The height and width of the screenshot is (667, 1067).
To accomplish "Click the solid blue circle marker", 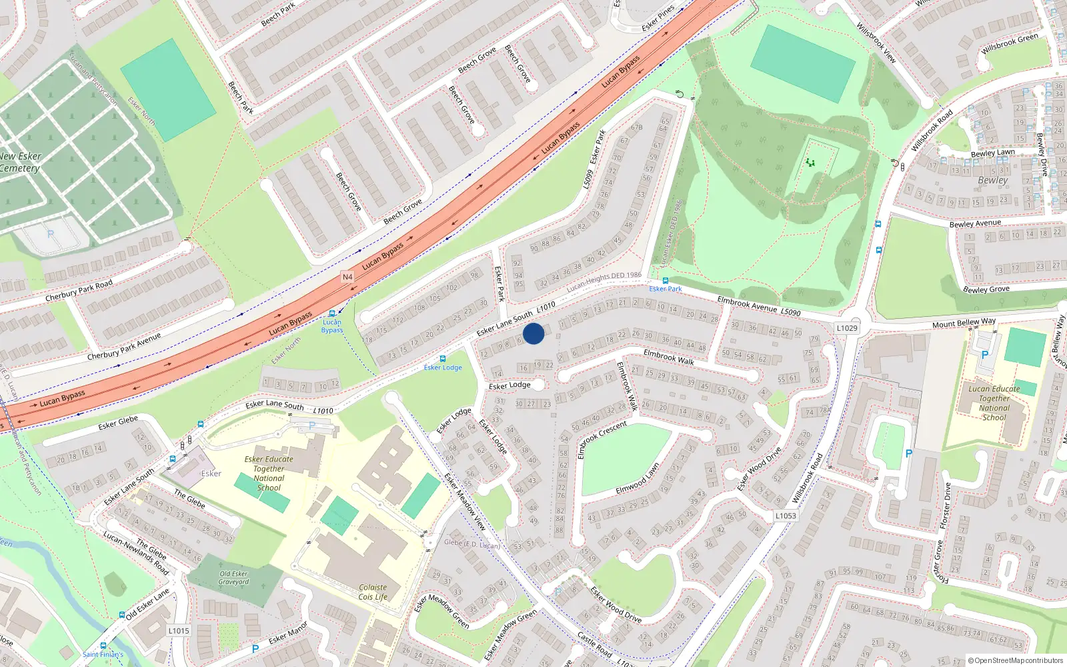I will tap(533, 333).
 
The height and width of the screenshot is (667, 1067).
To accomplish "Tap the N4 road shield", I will tap(347, 277).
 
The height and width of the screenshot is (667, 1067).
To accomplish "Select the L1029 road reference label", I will tap(847, 328).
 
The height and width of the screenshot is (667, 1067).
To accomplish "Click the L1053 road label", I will tap(786, 516).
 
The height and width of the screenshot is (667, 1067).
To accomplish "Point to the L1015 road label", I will tap(179, 630).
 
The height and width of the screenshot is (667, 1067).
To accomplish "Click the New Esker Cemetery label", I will tap(20, 162).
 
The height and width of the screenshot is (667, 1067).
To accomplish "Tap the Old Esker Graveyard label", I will tap(233, 578).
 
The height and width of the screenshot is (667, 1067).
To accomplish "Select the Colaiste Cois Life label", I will tap(373, 592).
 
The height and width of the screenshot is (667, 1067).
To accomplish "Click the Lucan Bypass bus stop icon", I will tap(332, 313).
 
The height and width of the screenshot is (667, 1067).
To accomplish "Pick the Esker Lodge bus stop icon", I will tap(442, 359).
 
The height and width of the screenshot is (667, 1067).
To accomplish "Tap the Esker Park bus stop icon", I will tap(665, 281).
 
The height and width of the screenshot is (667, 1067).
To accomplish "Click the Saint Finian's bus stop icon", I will tap(103, 646).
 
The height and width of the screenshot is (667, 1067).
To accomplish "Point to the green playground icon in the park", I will tap(810, 162).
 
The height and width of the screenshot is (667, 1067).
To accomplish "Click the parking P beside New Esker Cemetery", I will tap(51, 235).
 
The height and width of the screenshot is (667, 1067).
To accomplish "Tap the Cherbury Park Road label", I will tap(79, 290).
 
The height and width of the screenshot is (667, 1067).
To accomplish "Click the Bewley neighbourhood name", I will tap(992, 180).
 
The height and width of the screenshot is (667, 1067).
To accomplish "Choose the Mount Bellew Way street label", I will tap(964, 323).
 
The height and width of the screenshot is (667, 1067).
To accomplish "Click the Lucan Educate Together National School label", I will tap(994, 403).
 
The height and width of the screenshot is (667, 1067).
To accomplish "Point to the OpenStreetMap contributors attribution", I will tap(1016, 660).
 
